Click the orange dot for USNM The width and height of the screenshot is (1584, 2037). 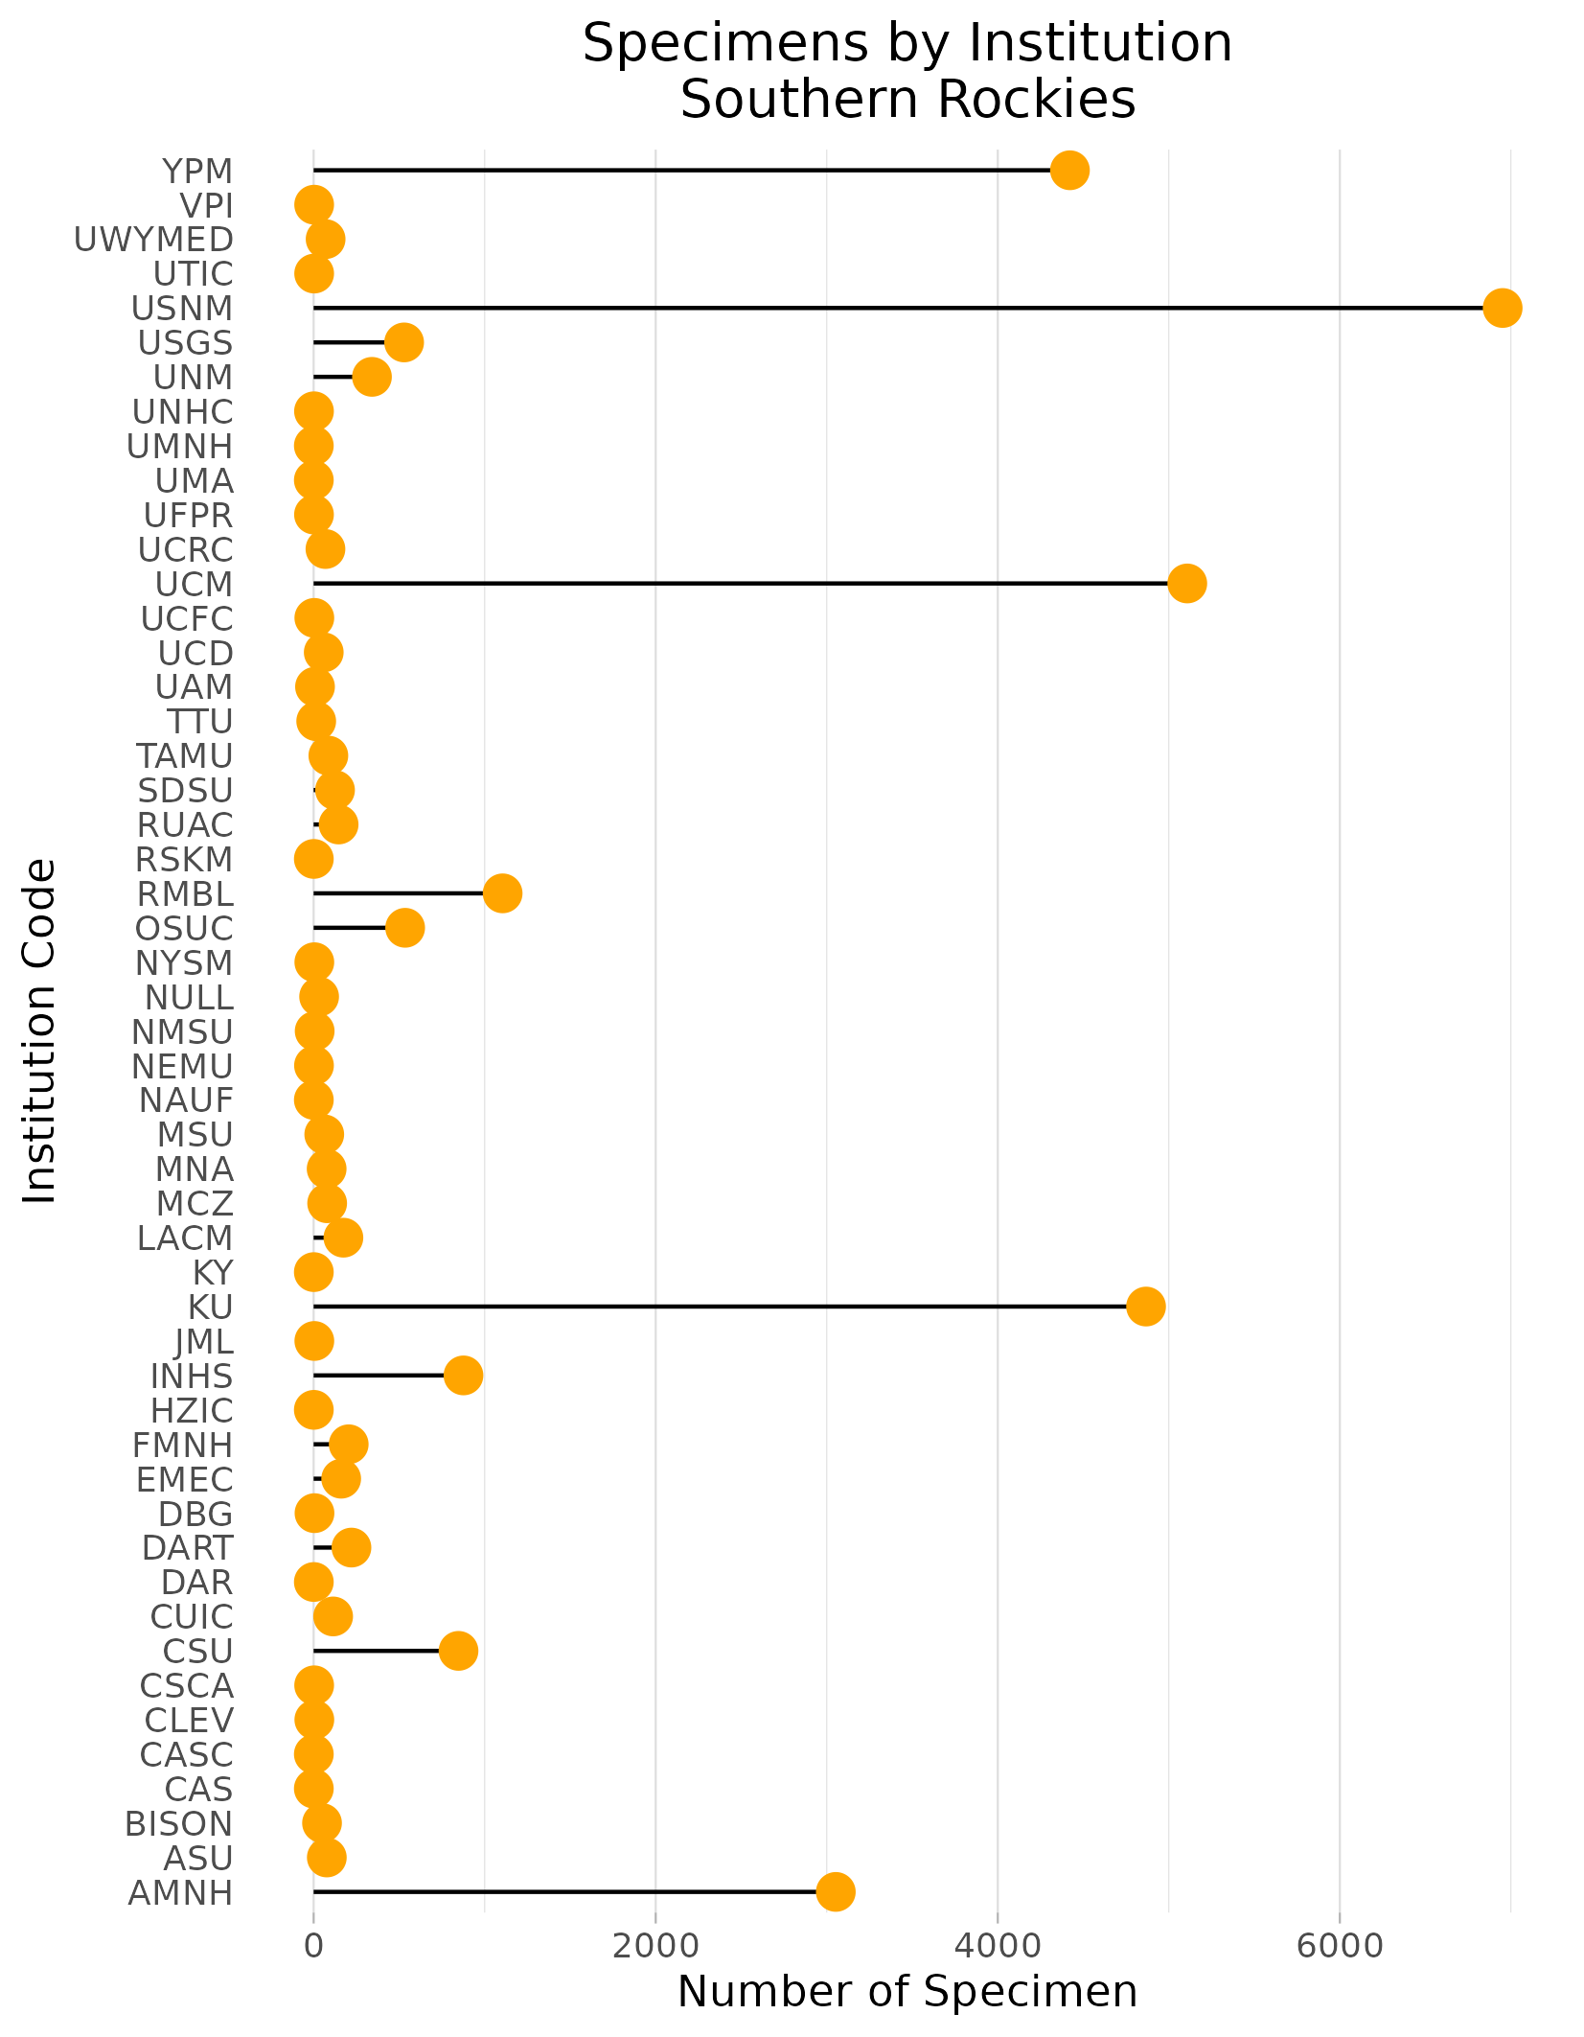pyautogui.click(x=1502, y=308)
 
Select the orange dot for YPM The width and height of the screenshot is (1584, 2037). pyautogui.click(x=1069, y=171)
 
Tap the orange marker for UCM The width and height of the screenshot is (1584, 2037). pyautogui.click(x=1186, y=584)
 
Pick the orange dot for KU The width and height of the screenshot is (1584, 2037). pyautogui.click(x=1145, y=1307)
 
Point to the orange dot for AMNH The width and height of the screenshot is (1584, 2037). pyautogui.click(x=836, y=1891)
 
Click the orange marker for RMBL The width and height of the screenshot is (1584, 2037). pyautogui.click(x=502, y=893)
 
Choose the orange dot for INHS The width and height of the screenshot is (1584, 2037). pyautogui.click(x=463, y=1376)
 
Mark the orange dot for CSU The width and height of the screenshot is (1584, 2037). pyautogui.click(x=458, y=1651)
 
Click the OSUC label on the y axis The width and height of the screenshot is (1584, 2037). pyautogui.click(x=184, y=929)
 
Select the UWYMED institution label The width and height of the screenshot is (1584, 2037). pyautogui.click(x=153, y=240)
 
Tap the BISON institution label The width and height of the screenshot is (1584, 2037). pyautogui.click(x=178, y=1823)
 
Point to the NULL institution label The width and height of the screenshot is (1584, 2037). pyautogui.click(x=189, y=998)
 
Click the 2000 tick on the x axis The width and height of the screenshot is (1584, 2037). pyautogui.click(x=655, y=1946)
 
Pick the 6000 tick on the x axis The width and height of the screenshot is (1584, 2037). pyautogui.click(x=1339, y=1946)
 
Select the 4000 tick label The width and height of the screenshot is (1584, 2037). pyautogui.click(x=998, y=1946)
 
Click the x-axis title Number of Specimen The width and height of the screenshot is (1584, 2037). pyautogui.click(x=907, y=1992)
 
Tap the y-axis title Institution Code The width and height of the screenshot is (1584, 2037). pyautogui.click(x=40, y=1030)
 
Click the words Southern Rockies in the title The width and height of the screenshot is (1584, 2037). pyautogui.click(x=907, y=100)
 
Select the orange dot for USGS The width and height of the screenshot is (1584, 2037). pyautogui.click(x=403, y=342)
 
